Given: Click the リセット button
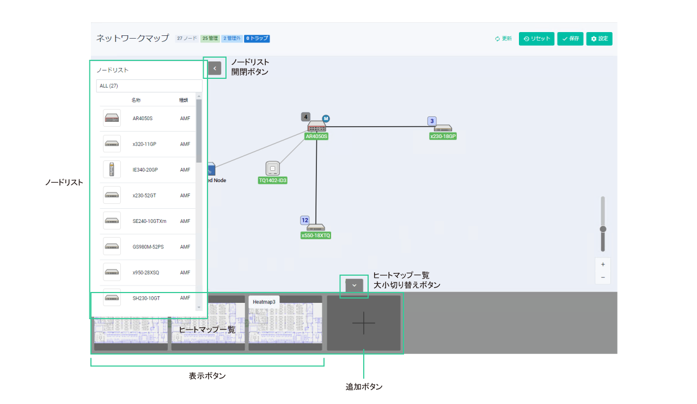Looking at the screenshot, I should [x=536, y=39].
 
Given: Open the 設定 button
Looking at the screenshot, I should [x=599, y=39].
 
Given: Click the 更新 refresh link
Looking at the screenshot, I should [x=503, y=39].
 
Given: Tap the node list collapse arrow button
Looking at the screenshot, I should [x=215, y=68].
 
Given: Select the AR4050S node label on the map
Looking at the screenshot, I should [x=316, y=136].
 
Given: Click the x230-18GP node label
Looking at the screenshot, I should [x=443, y=136].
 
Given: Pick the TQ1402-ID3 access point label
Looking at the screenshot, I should [x=272, y=181].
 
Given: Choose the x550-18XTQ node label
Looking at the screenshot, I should [x=316, y=235].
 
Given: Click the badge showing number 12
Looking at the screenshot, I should [x=305, y=220].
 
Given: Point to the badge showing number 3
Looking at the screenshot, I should [x=432, y=121].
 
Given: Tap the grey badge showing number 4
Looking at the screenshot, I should [x=306, y=117].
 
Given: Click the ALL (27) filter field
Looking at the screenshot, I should [x=149, y=86].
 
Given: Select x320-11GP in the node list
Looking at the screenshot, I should [x=144, y=144].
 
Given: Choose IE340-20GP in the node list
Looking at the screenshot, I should [x=145, y=170].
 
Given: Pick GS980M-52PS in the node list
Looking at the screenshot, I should [x=148, y=247].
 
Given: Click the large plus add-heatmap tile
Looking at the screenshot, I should [x=363, y=323].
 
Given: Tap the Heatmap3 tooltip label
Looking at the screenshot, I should [x=264, y=301].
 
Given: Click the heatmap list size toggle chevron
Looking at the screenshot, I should [x=354, y=285].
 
